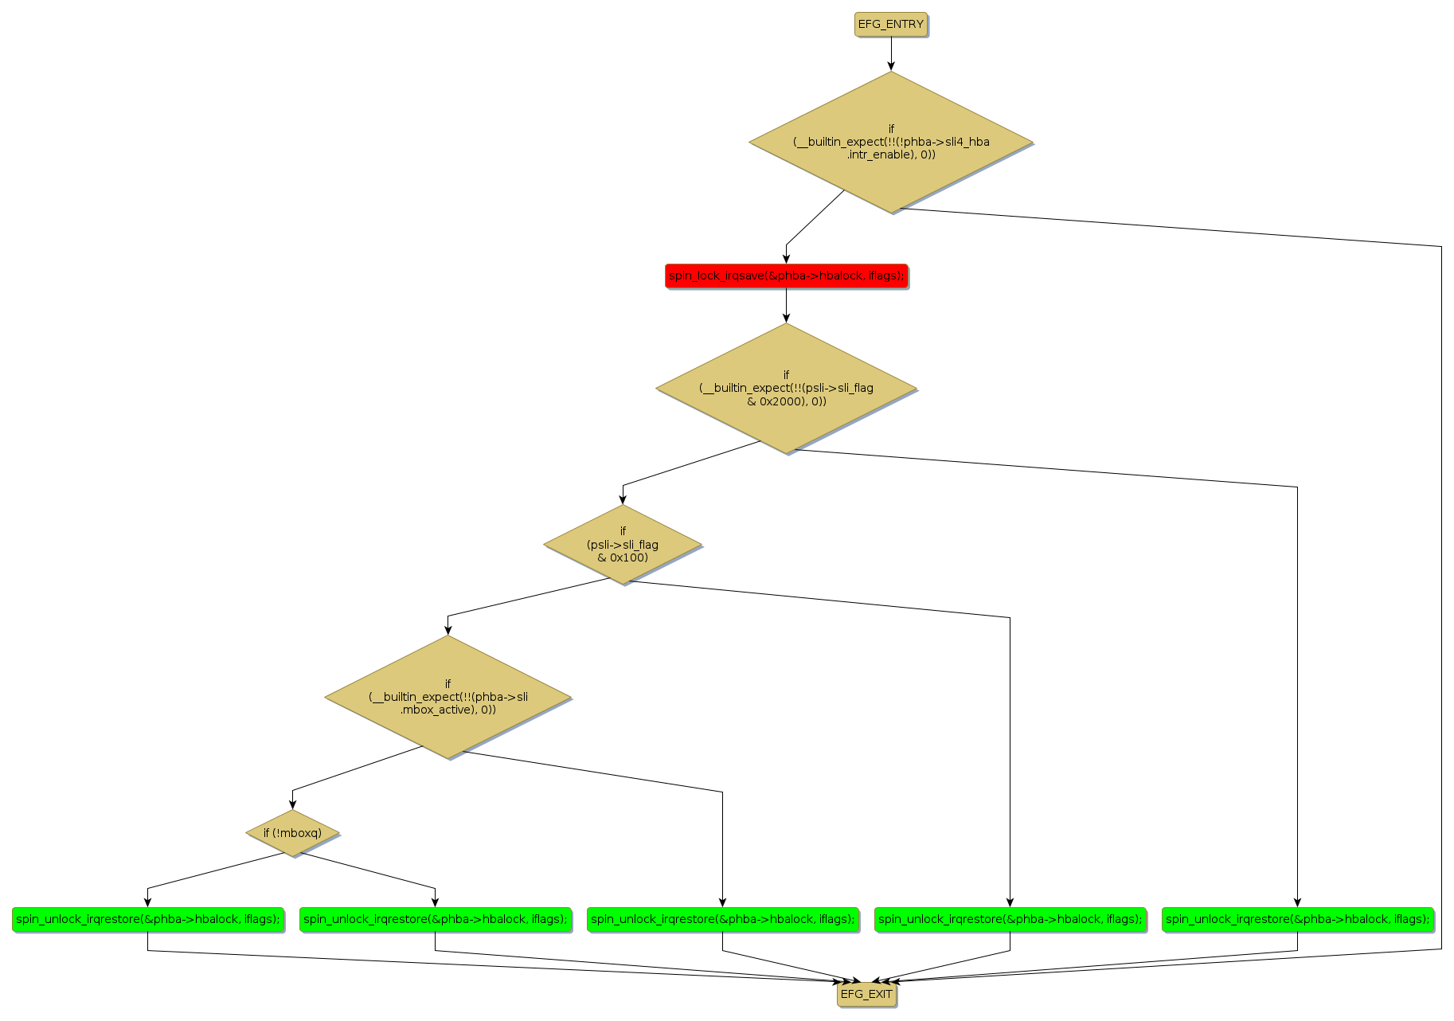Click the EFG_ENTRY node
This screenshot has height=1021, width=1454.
[x=890, y=25]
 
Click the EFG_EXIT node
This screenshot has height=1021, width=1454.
[x=866, y=994]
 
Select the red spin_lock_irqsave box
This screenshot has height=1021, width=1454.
[x=786, y=276]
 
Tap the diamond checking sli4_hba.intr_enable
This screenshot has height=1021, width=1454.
[x=890, y=142]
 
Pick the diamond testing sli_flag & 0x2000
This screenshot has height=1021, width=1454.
[x=786, y=388]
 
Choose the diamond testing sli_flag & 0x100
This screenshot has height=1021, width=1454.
[x=623, y=545]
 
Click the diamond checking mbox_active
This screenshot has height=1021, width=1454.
[x=448, y=697]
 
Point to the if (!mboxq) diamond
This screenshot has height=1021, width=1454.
[x=292, y=833]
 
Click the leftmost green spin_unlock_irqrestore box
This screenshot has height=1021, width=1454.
[x=148, y=919]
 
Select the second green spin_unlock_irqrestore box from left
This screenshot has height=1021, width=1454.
[x=435, y=919]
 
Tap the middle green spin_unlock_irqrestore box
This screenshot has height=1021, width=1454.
[x=722, y=919]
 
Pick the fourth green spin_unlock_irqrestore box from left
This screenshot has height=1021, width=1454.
[x=1010, y=919]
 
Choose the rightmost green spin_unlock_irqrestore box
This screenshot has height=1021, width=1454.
[x=1297, y=919]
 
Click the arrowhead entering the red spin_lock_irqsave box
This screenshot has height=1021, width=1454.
[x=786, y=258]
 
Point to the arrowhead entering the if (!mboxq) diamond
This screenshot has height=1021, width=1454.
[x=292, y=805]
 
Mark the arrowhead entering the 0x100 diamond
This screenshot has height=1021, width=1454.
[x=623, y=500]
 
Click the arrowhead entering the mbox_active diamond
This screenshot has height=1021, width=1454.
[x=448, y=630]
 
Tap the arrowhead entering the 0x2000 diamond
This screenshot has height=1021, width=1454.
[x=786, y=318]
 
